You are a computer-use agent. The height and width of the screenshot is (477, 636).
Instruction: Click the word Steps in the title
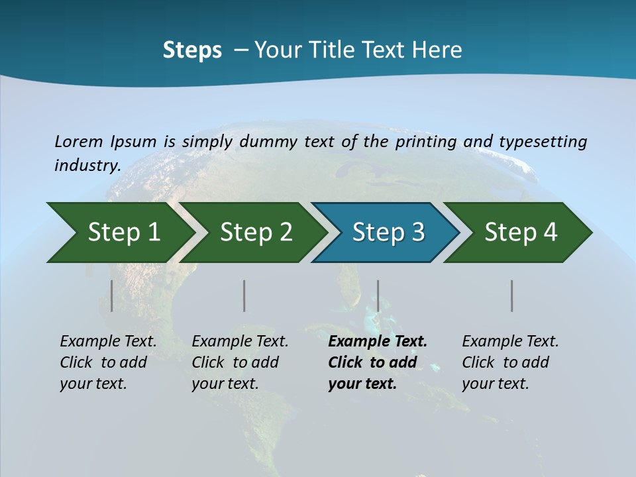coord(192,50)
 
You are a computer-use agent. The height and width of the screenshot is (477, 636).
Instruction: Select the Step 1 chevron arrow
coord(119,233)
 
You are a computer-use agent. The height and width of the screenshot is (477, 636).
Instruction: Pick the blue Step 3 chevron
coord(387,233)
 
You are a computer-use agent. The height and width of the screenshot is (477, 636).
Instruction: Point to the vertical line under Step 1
coord(112,295)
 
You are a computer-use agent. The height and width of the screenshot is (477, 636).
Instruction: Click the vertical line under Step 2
coord(244,295)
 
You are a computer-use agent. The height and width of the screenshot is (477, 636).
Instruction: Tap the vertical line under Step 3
coord(378,295)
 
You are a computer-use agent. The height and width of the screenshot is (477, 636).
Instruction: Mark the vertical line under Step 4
coord(512,295)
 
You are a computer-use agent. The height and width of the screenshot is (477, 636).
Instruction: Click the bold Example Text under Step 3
coord(377,362)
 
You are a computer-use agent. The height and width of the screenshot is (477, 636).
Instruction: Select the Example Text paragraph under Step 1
coord(108,362)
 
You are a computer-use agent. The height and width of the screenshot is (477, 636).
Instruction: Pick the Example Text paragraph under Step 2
coord(240,362)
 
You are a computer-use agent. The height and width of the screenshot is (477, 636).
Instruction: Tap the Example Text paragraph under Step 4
coord(510,362)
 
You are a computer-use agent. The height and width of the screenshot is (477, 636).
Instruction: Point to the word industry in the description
coord(87,165)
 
